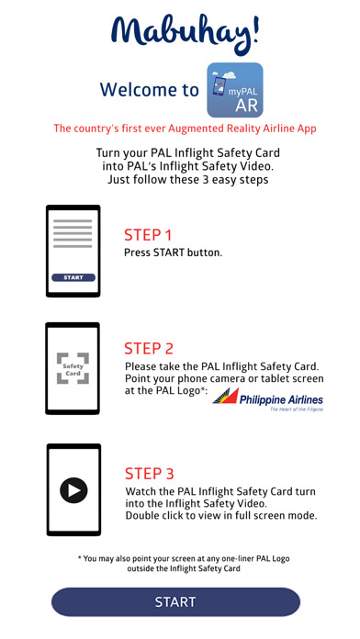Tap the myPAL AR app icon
[x=235, y=90]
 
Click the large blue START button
[x=175, y=601]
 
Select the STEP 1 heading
[x=148, y=235]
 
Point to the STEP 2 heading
[x=149, y=349]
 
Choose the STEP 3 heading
[x=149, y=474]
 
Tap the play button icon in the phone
[x=73, y=490]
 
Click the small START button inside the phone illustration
[x=73, y=277]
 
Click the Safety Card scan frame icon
[x=73, y=368]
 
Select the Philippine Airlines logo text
[x=281, y=399]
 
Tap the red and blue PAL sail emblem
[x=226, y=396]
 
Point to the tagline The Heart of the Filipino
[x=297, y=409]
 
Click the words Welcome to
[x=150, y=90]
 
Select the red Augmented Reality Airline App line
[x=186, y=129]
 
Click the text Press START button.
[x=174, y=252]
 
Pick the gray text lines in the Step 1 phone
[x=73, y=234]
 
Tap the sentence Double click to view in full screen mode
[x=221, y=516]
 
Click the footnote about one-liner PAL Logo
[x=184, y=563]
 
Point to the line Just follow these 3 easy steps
[x=188, y=180]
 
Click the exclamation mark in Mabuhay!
[x=254, y=29]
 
